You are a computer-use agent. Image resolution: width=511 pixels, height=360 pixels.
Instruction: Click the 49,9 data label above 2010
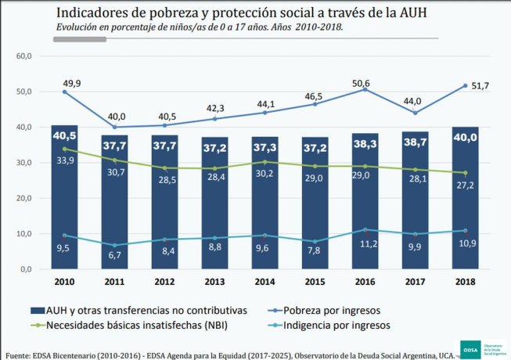point(64,81)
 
